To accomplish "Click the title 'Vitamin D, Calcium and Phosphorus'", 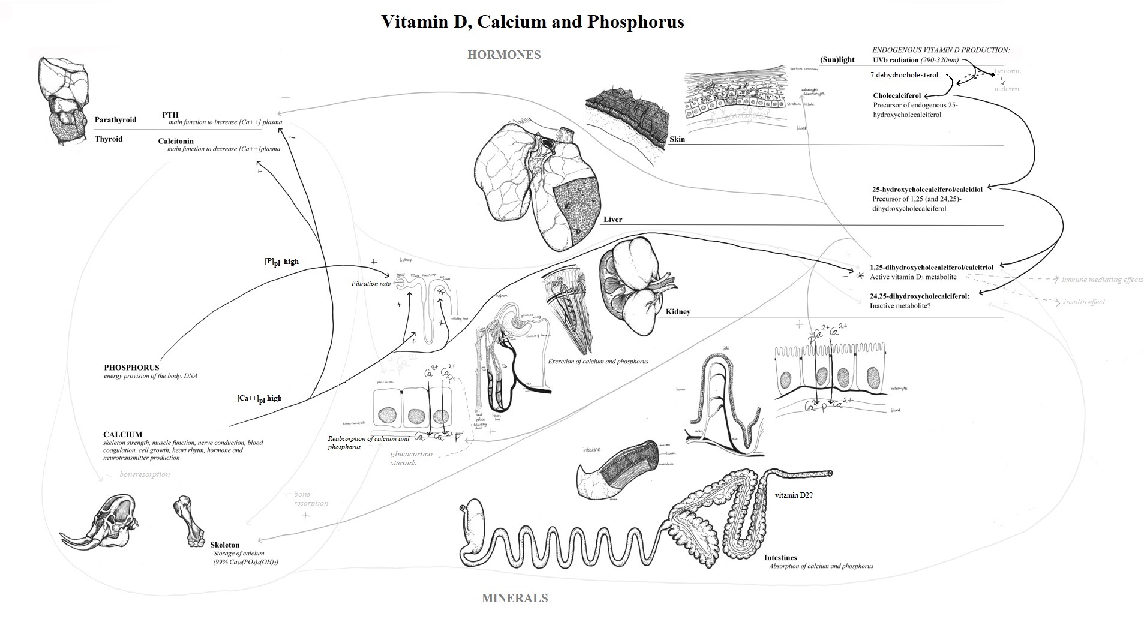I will [x=532, y=22].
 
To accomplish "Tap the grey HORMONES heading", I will [x=504, y=55].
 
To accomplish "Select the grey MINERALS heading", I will [x=515, y=598].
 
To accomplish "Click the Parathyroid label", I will [x=115, y=120].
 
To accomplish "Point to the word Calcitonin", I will [x=176, y=142].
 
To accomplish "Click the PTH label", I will [x=170, y=115].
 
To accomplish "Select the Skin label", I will [x=677, y=139].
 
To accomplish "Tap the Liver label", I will [x=612, y=220].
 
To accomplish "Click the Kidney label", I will [x=678, y=312].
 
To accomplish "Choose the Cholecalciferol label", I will [x=897, y=95].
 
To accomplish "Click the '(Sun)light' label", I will [x=837, y=60].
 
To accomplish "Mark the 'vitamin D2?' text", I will [x=794, y=496].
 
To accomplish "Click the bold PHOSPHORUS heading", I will [x=131, y=368].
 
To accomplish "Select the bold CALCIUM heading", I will [x=122, y=434].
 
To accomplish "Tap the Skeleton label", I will [x=224, y=545].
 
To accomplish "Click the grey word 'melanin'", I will [x=1006, y=89].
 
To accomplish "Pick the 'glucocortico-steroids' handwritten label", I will [x=412, y=459].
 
